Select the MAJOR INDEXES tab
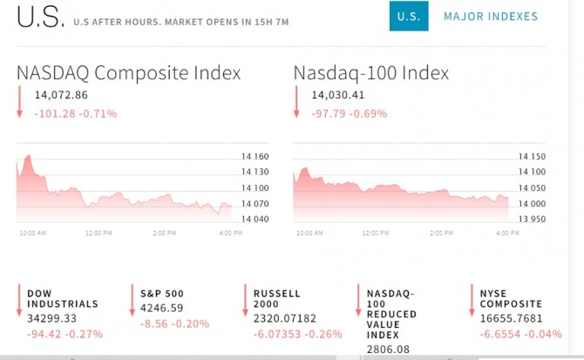click(491, 17)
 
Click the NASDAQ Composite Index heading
click(128, 73)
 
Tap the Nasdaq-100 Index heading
click(371, 73)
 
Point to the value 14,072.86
click(62, 95)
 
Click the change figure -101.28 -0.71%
click(76, 113)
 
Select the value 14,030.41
click(338, 95)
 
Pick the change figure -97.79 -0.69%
click(350, 113)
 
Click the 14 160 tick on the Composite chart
click(255, 158)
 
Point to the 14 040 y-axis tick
click(255, 218)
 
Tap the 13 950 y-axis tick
click(531, 218)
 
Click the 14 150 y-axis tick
click(531, 158)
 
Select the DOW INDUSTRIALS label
click(63, 299)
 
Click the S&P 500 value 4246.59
click(165, 308)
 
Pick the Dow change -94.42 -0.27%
click(65, 334)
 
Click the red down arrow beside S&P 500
click(132, 299)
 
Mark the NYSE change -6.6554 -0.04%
click(521, 334)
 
